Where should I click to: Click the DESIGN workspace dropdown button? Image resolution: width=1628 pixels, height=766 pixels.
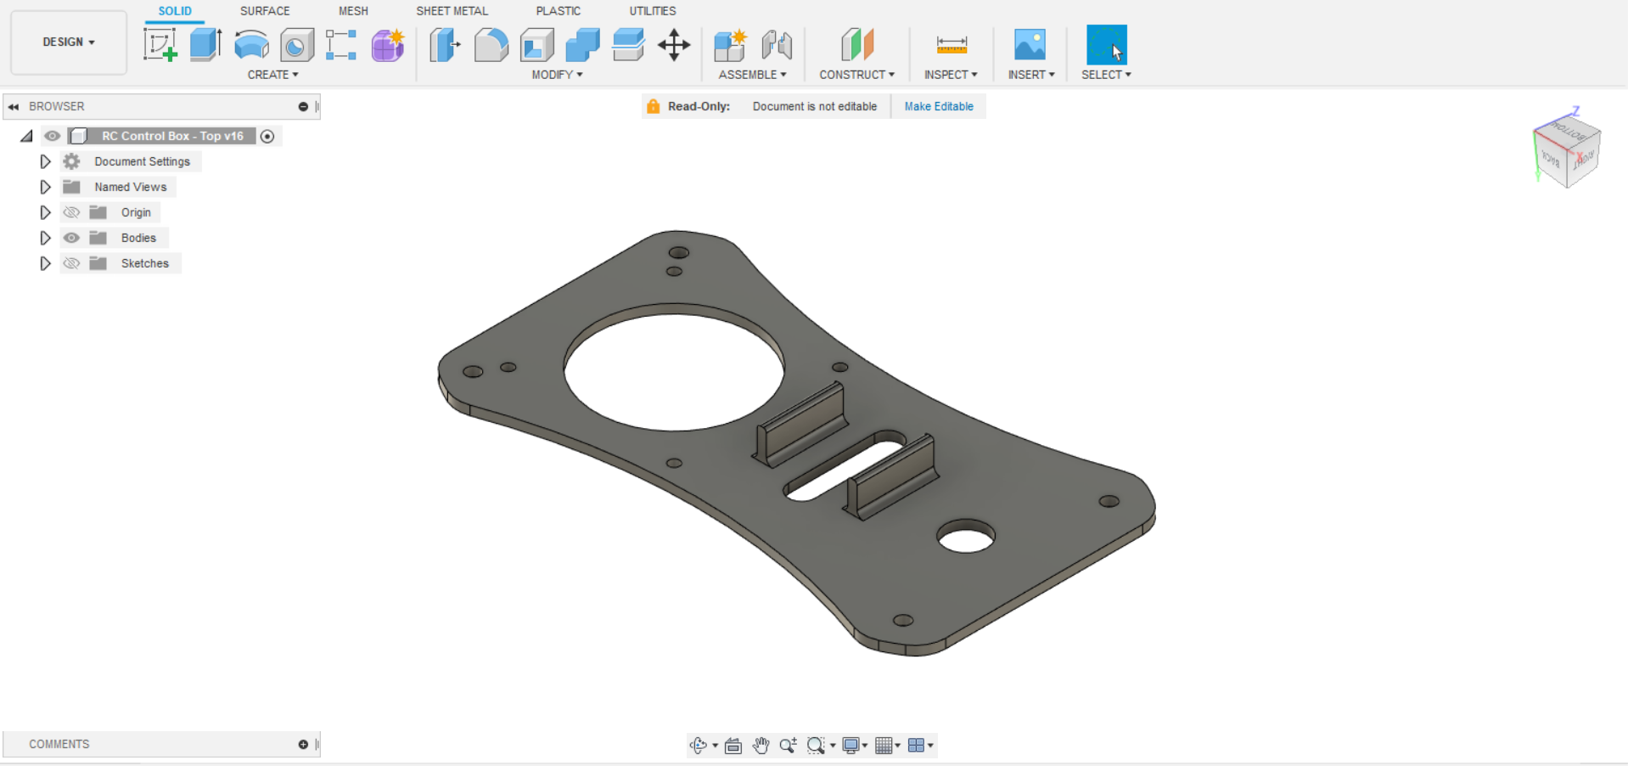(69, 42)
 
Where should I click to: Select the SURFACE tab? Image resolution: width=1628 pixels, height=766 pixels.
(265, 11)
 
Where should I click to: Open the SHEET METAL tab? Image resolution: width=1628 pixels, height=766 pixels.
(452, 11)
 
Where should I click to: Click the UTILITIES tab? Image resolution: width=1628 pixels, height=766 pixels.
(652, 11)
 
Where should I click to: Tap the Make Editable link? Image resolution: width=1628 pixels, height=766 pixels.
(939, 106)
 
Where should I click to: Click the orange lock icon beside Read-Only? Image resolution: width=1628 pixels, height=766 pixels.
(653, 106)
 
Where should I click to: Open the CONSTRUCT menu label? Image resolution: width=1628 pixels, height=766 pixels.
(856, 75)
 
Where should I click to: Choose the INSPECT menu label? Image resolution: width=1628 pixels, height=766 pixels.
(950, 75)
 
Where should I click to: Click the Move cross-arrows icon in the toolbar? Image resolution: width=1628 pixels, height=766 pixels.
(674, 45)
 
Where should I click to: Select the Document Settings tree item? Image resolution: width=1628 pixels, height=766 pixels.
(142, 161)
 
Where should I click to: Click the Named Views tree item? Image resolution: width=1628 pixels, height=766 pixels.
(130, 187)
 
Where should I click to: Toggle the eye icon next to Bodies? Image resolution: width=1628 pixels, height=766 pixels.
(72, 238)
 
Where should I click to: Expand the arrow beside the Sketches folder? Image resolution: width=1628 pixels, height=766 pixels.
(46, 263)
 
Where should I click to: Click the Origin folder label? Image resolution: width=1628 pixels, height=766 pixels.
(136, 212)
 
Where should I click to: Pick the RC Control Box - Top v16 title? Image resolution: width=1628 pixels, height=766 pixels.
(172, 136)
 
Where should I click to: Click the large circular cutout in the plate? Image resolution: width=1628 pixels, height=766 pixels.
(674, 370)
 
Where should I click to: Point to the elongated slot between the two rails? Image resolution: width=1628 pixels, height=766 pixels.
(845, 466)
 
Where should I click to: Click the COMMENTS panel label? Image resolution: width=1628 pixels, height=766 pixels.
(59, 744)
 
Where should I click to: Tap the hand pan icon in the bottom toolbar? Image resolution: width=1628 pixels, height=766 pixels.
(761, 746)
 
